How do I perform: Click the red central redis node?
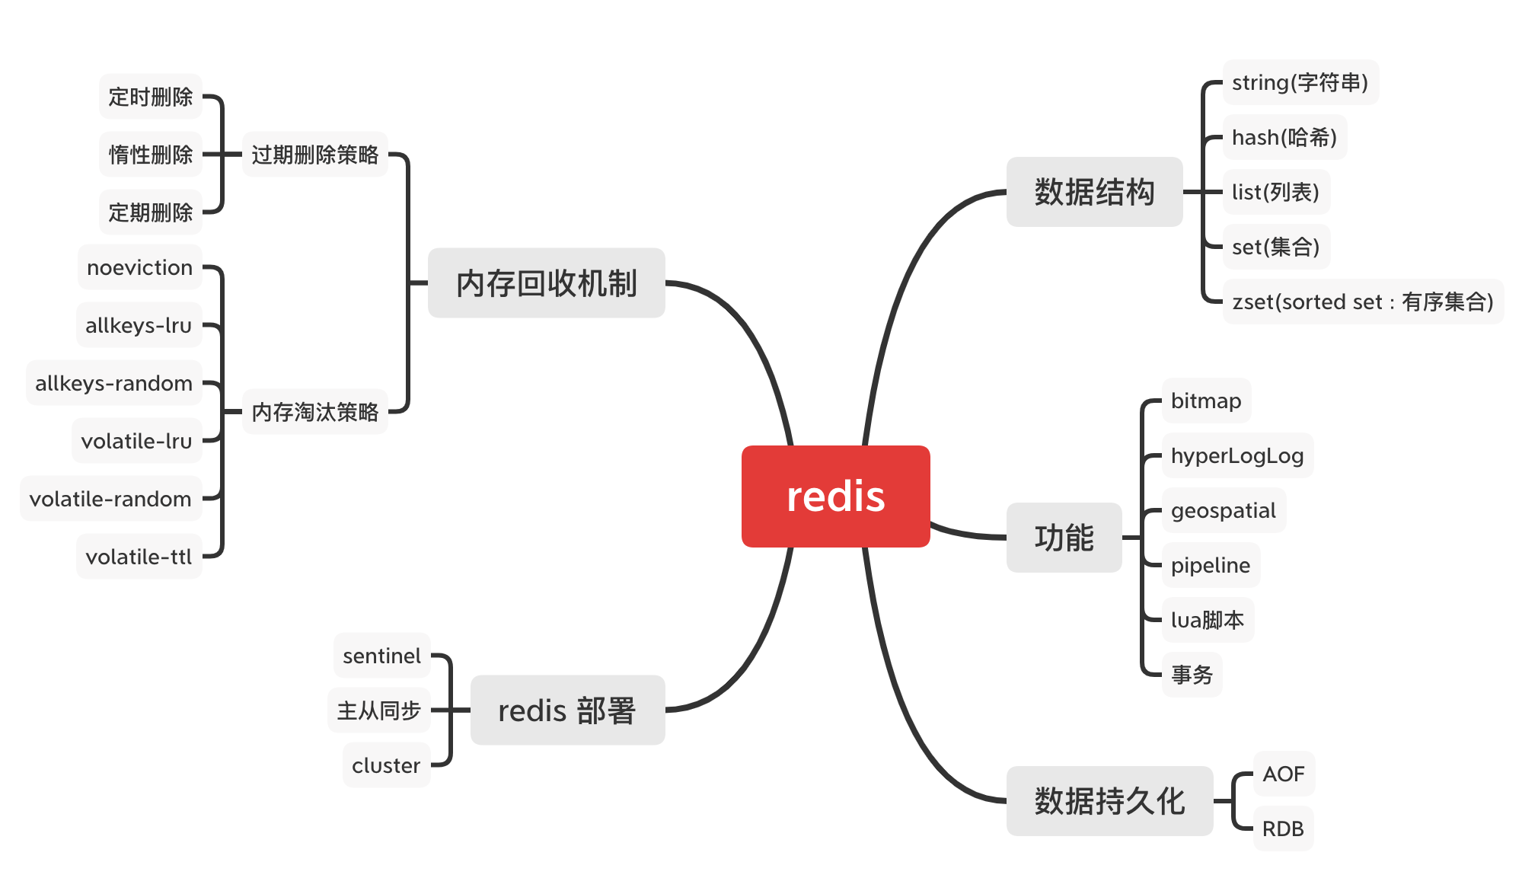pyautogui.click(x=835, y=496)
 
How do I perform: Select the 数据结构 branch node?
pyautogui.click(x=1094, y=192)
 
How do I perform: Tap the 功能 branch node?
pyautogui.click(x=1064, y=538)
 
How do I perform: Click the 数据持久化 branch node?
pyautogui.click(x=1109, y=801)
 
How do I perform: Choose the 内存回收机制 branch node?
pyautogui.click(x=546, y=283)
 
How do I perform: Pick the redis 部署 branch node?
pyautogui.click(x=567, y=710)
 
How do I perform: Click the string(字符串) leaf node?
pyautogui.click(x=1300, y=82)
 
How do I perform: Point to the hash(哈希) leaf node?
pyautogui.click(x=1284, y=137)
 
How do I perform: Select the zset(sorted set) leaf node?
pyautogui.click(x=1363, y=302)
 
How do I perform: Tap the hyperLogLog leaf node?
pyautogui.click(x=1237, y=455)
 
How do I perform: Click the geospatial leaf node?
pyautogui.click(x=1224, y=510)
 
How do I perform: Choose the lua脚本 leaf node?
pyautogui.click(x=1208, y=620)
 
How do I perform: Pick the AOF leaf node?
pyautogui.click(x=1284, y=774)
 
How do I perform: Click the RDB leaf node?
pyautogui.click(x=1284, y=829)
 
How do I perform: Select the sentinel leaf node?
pyautogui.click(x=382, y=656)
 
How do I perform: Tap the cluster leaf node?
pyautogui.click(x=387, y=765)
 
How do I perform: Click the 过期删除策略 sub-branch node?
pyautogui.click(x=315, y=155)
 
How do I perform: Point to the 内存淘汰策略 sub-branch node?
pyautogui.click(x=315, y=412)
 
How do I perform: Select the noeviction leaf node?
pyautogui.click(x=140, y=267)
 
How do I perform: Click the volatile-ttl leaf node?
pyautogui.click(x=139, y=557)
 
